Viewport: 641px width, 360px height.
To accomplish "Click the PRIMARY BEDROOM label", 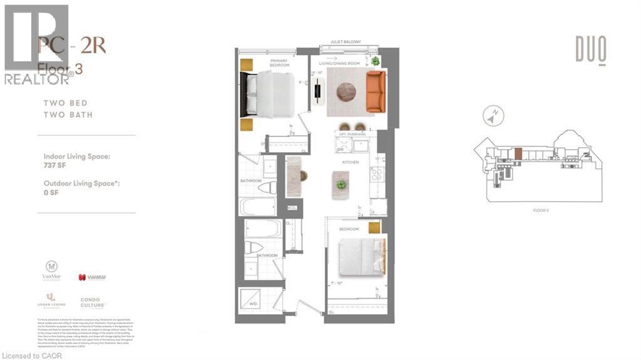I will point(279,63).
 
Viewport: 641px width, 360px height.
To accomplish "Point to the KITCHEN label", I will point(349,162).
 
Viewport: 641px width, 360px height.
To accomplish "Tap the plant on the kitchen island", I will point(341,185).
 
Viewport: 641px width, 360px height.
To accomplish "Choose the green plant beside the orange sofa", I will point(375,61).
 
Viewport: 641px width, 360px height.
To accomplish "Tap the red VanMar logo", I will point(91,277).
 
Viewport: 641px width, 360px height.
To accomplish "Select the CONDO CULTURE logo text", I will point(90,302).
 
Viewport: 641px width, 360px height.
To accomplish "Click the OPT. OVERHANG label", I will point(352,135).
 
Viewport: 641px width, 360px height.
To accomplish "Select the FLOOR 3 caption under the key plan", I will point(542,211).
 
